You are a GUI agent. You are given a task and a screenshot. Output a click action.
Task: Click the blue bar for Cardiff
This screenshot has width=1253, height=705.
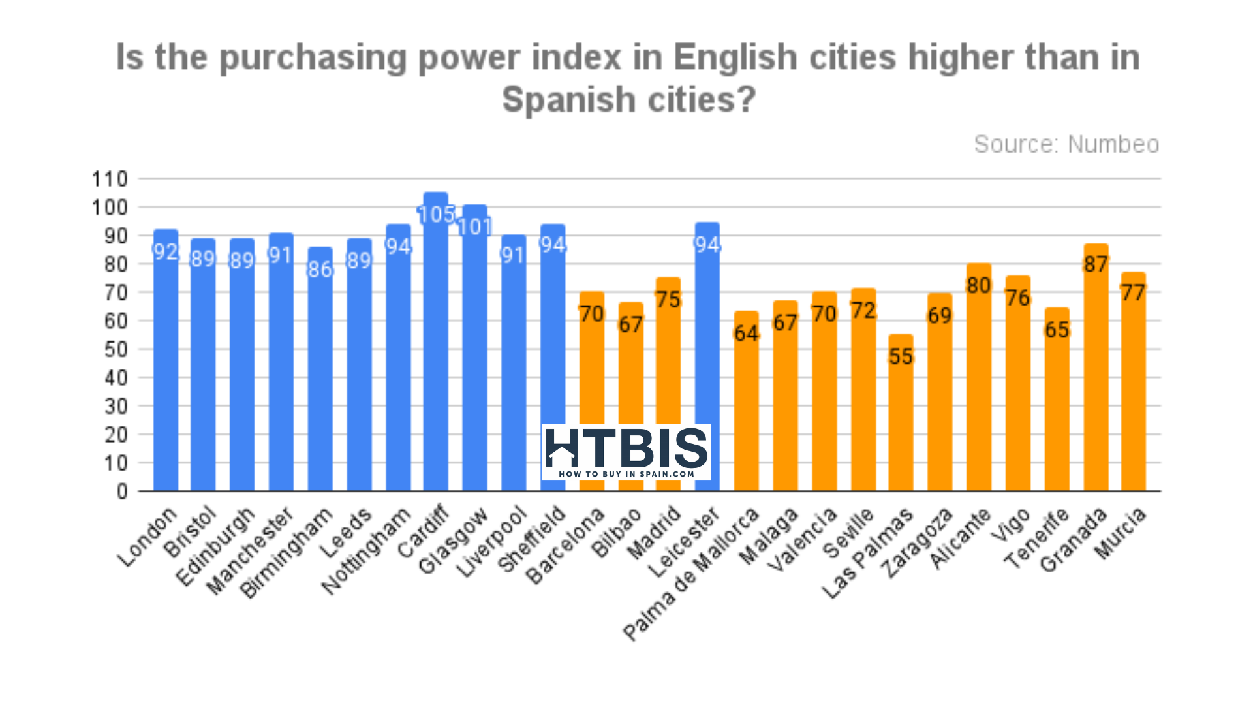436,352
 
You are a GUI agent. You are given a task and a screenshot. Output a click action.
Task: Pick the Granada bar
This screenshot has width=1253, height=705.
1096,379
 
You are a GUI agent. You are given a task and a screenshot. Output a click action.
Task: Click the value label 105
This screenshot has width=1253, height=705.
436,214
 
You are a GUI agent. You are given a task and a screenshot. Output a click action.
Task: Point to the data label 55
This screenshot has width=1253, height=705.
901,356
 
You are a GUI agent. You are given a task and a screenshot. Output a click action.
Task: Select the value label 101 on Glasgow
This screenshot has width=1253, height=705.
474,227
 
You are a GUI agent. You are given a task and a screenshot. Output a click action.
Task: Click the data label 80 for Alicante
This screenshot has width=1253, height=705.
978,285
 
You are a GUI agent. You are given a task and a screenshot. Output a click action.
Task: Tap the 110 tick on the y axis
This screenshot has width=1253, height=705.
110,179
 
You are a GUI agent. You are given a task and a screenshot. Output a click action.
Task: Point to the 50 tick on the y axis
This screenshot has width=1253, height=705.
116,349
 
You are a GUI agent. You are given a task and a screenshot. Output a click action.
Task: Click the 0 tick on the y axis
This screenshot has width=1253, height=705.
122,492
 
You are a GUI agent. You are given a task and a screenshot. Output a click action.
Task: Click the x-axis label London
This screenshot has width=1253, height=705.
147,537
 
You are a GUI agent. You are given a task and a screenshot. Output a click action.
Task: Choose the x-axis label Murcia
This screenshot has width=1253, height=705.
1121,533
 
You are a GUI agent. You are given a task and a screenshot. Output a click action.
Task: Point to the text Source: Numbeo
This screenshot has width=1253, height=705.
1066,144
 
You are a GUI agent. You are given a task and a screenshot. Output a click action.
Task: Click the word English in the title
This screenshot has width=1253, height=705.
735,57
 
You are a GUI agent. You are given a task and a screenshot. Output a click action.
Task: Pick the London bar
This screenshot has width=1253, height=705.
166,366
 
